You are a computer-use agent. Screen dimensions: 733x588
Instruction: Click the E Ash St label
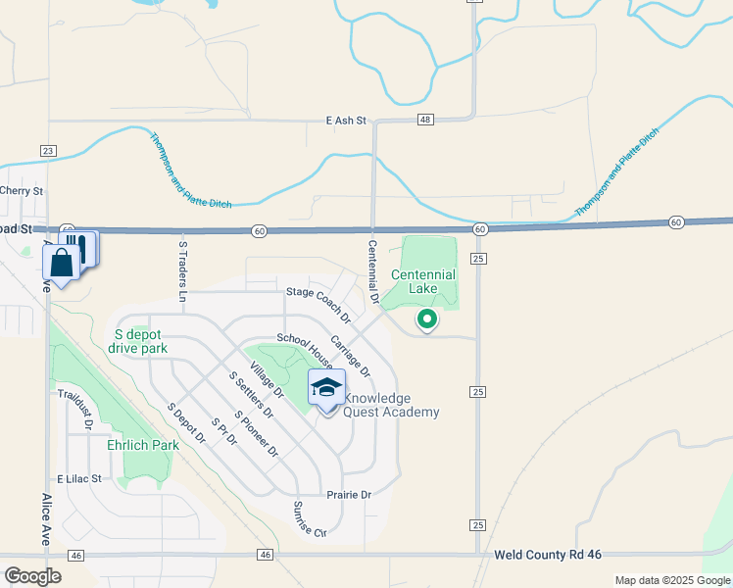346,121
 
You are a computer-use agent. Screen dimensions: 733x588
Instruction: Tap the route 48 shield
424,120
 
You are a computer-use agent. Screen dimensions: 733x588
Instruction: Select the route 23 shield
48,150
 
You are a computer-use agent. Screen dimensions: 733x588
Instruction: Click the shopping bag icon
62,263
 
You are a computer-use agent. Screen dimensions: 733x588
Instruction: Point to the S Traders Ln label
182,269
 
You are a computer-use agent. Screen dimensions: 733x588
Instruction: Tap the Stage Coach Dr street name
318,304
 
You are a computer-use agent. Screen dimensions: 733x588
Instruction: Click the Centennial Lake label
423,281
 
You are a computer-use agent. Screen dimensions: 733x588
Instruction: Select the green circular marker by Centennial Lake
426,318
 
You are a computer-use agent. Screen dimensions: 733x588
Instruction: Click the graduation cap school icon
326,388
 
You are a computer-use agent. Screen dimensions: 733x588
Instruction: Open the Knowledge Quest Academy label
391,406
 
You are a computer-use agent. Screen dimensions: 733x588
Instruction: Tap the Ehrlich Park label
143,445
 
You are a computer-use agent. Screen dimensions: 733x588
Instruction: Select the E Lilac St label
79,479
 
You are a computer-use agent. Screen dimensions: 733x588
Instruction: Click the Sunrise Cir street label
309,519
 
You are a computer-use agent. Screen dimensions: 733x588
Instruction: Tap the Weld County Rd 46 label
548,555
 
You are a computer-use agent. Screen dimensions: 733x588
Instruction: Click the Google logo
32,575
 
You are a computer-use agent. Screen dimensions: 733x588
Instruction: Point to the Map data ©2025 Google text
672,580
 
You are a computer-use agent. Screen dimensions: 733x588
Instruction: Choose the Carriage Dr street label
350,356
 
